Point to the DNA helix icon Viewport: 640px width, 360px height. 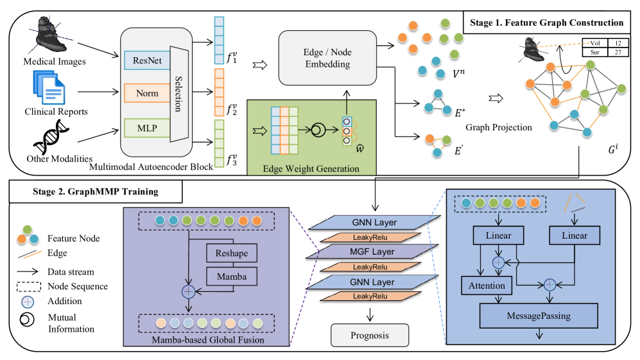point(49,136)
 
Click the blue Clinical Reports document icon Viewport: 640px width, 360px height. point(47,88)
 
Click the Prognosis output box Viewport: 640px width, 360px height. point(368,334)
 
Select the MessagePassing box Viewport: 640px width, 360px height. point(539,316)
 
